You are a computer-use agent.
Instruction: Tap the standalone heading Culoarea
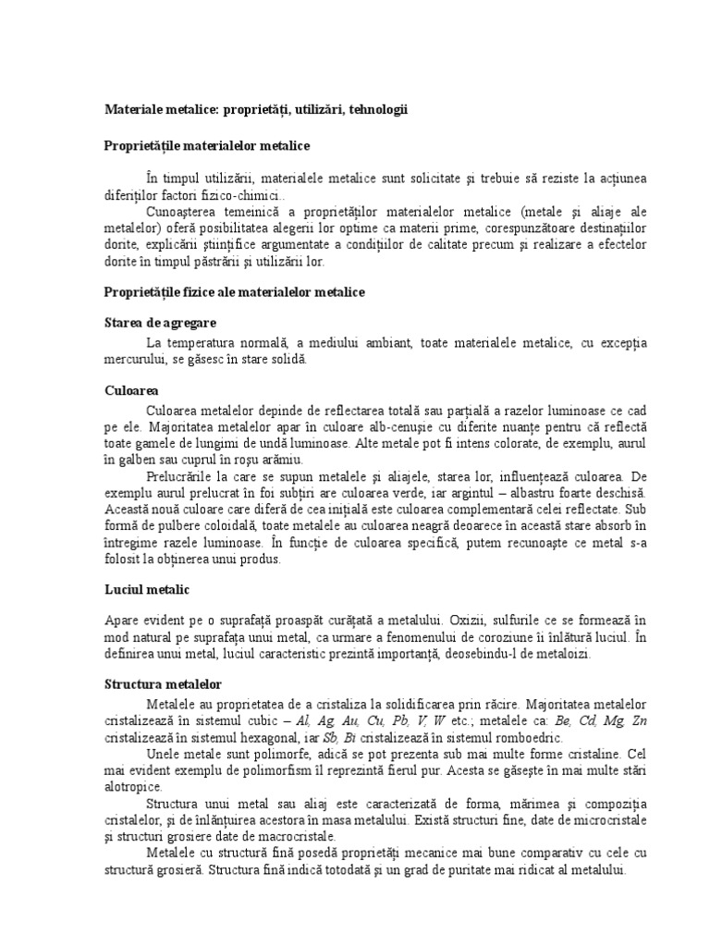131,390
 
